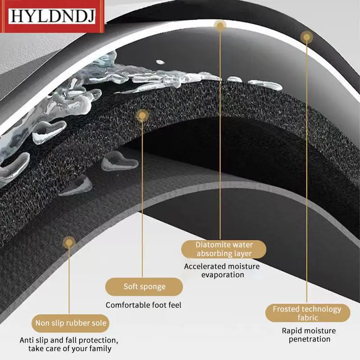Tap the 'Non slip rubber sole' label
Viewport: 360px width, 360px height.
pyautogui.click(x=71, y=323)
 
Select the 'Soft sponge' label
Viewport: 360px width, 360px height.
pyautogui.click(x=144, y=287)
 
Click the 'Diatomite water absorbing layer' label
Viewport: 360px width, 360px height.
pyautogui.click(x=224, y=249)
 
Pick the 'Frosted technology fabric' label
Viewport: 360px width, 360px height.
pyautogui.click(x=307, y=313)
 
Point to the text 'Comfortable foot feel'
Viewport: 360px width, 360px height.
pyautogui.click(x=144, y=305)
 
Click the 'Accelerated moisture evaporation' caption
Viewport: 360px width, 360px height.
pyautogui.click(x=222, y=270)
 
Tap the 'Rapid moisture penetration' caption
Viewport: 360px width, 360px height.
pyautogui.click(x=306, y=335)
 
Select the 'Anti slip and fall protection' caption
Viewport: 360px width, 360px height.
pyautogui.click(x=69, y=344)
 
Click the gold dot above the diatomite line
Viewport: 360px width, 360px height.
pyautogui.click(x=220, y=26)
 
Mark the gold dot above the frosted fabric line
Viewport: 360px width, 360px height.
pyautogui.click(x=306, y=36)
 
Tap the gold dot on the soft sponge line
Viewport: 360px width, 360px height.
pyautogui.click(x=142, y=116)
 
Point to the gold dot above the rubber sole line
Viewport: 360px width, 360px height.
pyautogui.click(x=68, y=243)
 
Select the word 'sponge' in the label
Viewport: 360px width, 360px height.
pyautogui.click(x=153, y=287)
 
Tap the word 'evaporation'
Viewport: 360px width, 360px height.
pyautogui.click(x=222, y=275)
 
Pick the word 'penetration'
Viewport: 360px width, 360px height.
pyautogui.click(x=310, y=339)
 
